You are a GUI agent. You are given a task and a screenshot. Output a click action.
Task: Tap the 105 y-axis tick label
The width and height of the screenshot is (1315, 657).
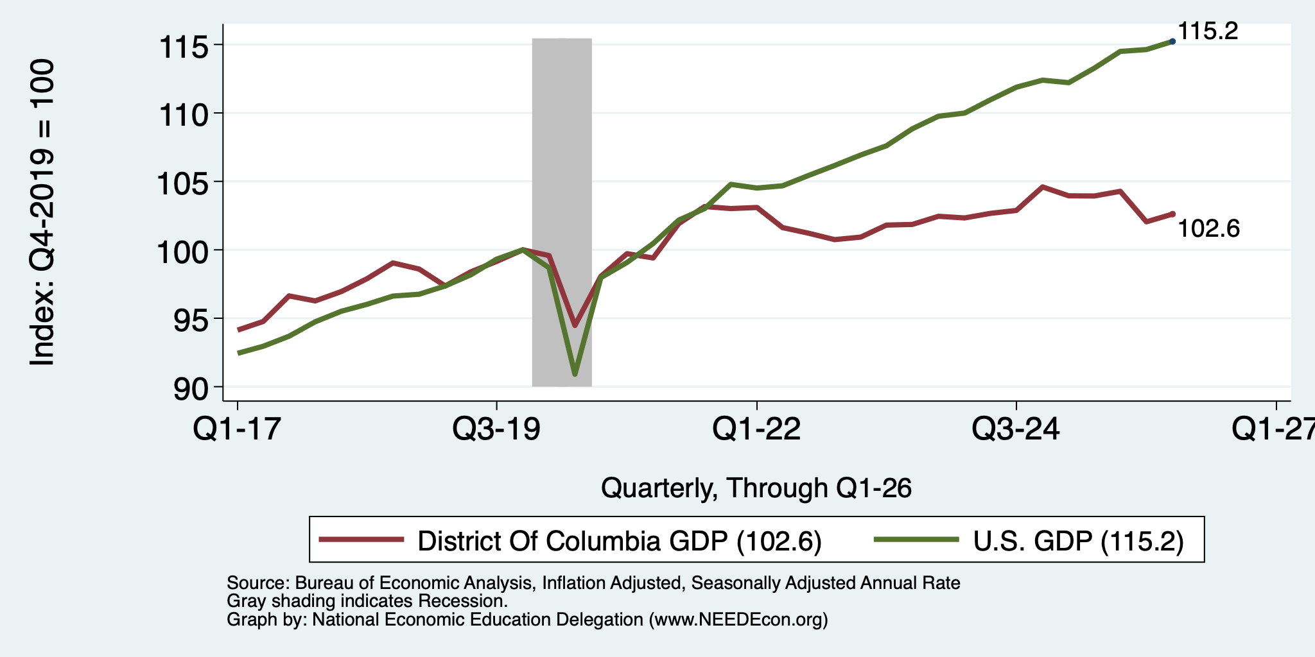(185, 183)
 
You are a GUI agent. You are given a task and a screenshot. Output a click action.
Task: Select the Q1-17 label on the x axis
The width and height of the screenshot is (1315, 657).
(238, 428)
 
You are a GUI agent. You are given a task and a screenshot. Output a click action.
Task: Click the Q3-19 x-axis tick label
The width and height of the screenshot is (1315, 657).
(496, 428)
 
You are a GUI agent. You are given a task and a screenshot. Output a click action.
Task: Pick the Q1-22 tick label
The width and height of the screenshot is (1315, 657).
(757, 428)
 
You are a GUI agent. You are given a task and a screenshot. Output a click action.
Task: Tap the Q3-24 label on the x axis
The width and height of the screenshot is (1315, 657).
(1016, 428)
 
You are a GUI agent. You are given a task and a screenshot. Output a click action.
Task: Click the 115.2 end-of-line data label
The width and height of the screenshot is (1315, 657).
(1208, 31)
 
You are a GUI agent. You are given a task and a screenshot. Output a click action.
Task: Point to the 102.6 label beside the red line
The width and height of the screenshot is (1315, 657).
(1209, 228)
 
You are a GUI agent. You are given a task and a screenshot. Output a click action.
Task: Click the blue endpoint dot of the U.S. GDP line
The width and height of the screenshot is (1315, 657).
(1172, 41)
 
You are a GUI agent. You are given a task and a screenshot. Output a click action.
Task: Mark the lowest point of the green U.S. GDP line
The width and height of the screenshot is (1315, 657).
(575, 374)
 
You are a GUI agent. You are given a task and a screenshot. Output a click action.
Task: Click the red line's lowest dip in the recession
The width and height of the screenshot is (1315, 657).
(575, 325)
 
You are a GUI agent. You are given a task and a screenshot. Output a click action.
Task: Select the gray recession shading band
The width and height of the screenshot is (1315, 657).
(562, 212)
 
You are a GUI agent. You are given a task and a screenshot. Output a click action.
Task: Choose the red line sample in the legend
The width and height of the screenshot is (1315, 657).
(362, 539)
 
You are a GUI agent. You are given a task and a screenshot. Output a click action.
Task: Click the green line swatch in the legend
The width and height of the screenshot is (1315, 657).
(917, 539)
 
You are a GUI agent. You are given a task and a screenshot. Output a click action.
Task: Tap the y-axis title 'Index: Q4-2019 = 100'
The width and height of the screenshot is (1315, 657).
(42, 212)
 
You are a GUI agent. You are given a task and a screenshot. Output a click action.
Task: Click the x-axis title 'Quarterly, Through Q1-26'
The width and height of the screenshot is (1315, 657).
(756, 489)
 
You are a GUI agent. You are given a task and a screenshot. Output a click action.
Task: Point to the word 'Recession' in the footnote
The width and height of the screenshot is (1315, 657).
(462, 601)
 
